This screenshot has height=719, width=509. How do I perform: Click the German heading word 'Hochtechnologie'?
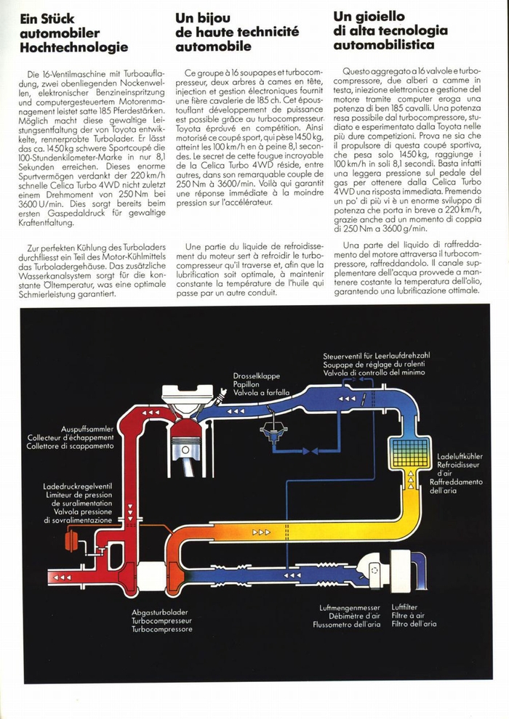coord(74,47)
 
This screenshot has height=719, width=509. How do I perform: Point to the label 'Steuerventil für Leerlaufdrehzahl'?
coord(377,355)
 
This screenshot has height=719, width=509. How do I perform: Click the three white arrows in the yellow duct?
coord(261,532)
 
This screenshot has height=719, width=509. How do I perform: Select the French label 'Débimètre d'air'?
coord(346,616)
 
